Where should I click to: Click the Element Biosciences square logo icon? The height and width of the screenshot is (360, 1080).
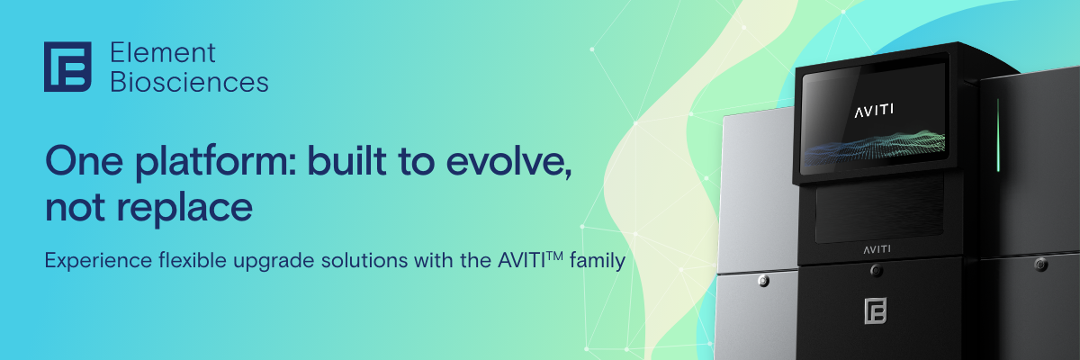point(67,67)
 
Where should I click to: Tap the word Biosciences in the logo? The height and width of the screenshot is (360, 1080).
point(188,82)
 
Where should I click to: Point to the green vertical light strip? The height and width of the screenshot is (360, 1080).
point(998,135)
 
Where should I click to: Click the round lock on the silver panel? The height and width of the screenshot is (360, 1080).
point(764,281)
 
